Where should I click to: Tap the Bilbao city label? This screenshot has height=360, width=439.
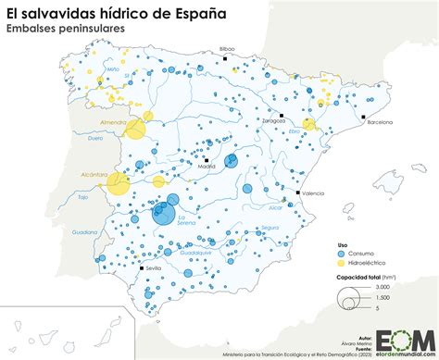click(x=227, y=48)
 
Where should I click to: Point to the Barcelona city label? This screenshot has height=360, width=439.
click(x=386, y=122)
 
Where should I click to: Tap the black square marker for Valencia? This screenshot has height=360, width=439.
click(x=296, y=192)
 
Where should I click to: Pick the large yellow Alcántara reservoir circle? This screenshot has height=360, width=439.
click(x=118, y=184)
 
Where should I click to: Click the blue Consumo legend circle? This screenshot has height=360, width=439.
click(x=342, y=253)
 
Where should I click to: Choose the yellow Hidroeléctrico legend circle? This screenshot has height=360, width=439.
click(x=342, y=263)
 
